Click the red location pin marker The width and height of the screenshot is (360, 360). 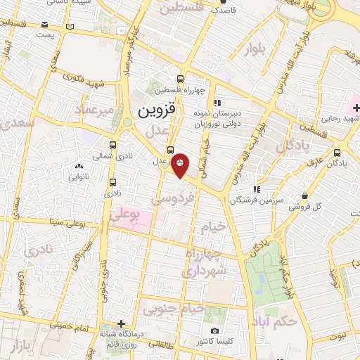click(181, 165)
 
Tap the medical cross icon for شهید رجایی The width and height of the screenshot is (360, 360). click(356, 108)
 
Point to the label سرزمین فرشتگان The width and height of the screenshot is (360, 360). click(264, 200)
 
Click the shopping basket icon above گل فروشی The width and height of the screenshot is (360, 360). click(304, 196)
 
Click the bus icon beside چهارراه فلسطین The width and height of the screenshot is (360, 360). click(181, 79)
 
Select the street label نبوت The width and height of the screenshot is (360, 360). click(347, 336)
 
